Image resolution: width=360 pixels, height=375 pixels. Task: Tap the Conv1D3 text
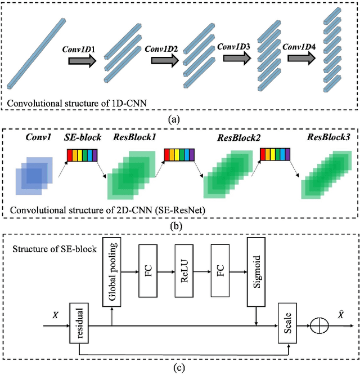(235, 46)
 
